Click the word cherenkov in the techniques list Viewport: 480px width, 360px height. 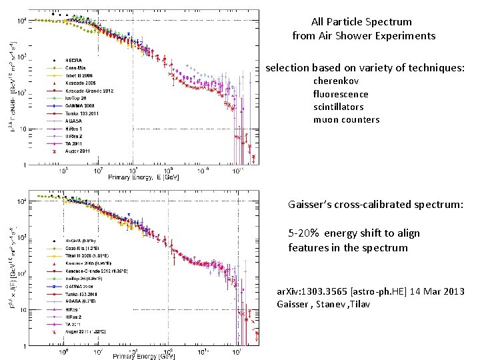coord(337,81)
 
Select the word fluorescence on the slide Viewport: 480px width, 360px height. coord(341,94)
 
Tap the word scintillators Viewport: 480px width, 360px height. coord(338,107)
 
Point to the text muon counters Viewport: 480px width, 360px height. coord(346,120)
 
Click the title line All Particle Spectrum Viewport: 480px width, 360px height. coord(361,22)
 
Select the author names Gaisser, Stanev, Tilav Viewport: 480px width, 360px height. coord(323,305)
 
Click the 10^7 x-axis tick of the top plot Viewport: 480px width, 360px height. coord(98,171)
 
